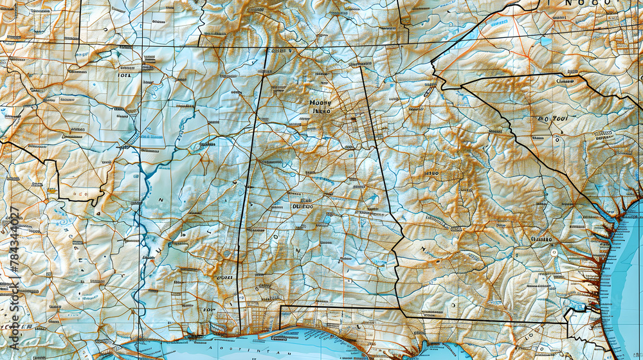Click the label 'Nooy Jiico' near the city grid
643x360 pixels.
coord(320,106)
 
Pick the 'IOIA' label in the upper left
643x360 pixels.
coord(125,75)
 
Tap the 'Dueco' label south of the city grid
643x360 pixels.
coord(302,206)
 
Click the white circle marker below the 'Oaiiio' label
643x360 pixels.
coord(554,253)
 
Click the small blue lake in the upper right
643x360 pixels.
coord(546,42)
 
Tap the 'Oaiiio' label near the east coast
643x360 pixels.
coord(541,239)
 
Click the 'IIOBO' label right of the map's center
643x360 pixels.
coord(431,174)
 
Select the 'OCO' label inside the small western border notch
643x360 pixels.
coord(80,192)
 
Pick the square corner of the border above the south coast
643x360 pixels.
coord(281,307)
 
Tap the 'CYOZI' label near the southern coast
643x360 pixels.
coord(225,278)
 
